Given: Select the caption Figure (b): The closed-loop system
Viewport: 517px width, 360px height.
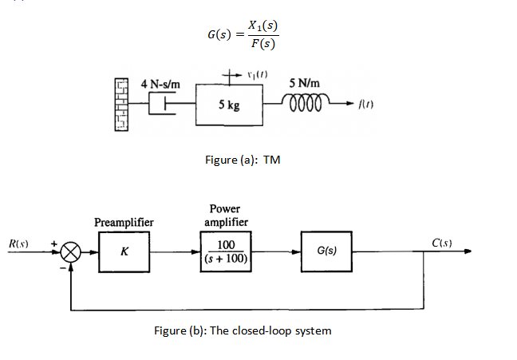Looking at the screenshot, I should click(243, 330).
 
